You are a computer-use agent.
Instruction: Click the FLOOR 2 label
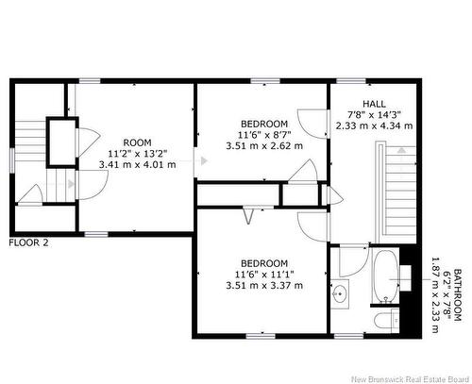(29, 242)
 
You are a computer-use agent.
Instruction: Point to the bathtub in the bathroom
(386, 277)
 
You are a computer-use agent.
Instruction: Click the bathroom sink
(340, 294)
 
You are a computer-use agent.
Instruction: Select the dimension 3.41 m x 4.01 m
(138, 164)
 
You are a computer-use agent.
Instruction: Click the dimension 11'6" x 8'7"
(263, 135)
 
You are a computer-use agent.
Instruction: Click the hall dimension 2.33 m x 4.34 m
(374, 125)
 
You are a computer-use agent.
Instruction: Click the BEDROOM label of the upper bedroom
(264, 124)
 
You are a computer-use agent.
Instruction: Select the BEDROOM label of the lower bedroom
(263, 263)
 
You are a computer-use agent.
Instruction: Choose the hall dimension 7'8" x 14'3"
(374, 114)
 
